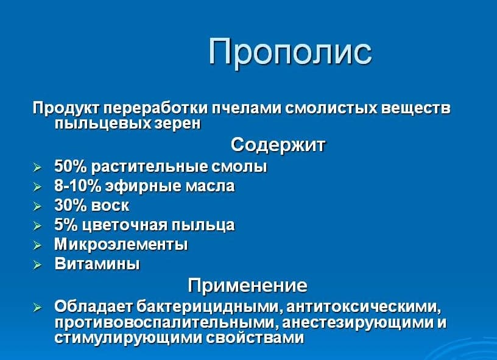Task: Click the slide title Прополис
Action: point(290,52)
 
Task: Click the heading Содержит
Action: point(278,145)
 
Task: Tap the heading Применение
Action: point(247,285)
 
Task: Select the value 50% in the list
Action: point(70,166)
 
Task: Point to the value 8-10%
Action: point(77,186)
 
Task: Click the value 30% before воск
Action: point(70,205)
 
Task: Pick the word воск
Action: point(110,206)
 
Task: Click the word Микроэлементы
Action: point(121,244)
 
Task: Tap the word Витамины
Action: point(97,264)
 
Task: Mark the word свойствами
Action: point(255,338)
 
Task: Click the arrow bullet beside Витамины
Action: point(37,265)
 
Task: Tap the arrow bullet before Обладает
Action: point(37,308)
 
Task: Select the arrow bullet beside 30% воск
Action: point(37,206)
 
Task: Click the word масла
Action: point(210,186)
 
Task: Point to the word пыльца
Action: point(203,225)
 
